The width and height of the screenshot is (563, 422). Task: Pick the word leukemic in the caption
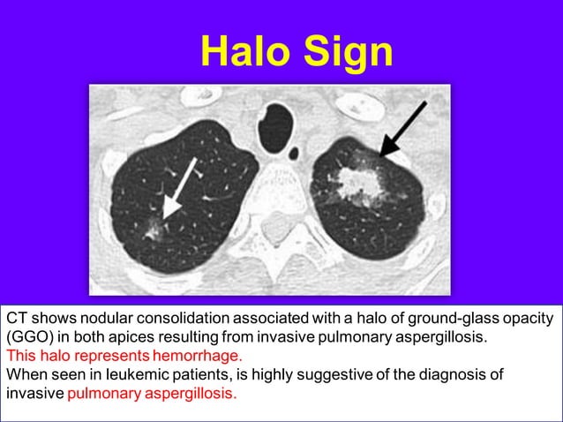click(x=121, y=374)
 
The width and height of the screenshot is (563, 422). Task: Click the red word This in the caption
click(x=21, y=356)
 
